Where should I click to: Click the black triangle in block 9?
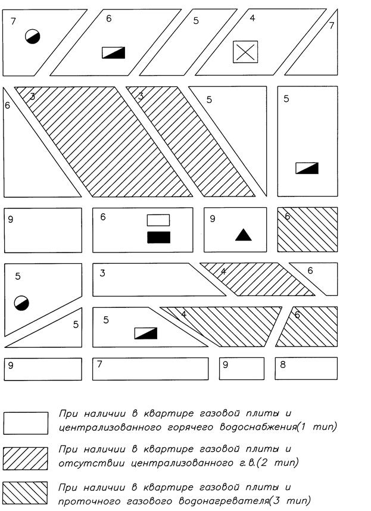(243, 235)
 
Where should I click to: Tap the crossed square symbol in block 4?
(245, 52)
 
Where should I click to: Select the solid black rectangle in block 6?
(158, 237)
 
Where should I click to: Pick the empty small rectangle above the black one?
(158, 220)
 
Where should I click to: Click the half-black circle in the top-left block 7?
(32, 36)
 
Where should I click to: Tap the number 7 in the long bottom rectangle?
(99, 364)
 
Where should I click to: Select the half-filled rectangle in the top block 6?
(114, 52)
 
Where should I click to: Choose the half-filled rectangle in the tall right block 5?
(307, 168)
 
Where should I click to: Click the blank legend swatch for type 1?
(26, 423)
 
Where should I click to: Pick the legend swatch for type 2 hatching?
(26, 457)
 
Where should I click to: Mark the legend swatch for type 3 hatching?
(26, 492)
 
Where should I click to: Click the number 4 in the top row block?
(252, 18)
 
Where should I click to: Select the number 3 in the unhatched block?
(102, 273)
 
